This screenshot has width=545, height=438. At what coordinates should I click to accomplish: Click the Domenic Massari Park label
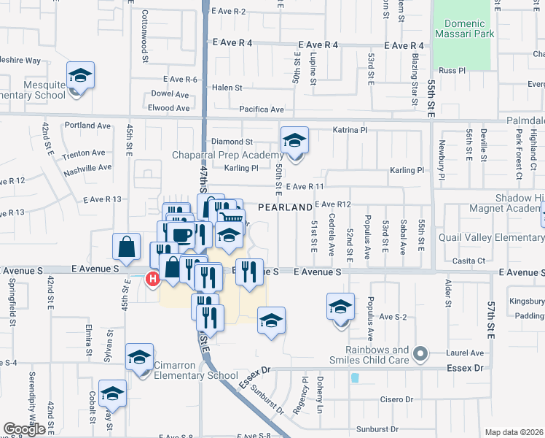click(x=466, y=27)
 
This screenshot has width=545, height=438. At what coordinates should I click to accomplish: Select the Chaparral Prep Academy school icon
click(x=294, y=140)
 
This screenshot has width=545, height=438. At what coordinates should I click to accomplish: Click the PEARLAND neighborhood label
click(x=285, y=208)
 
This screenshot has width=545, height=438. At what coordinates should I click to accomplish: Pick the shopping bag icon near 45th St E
click(x=127, y=247)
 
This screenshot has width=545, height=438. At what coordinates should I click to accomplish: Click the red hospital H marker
click(x=153, y=278)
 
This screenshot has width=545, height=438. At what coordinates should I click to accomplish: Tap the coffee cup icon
click(x=182, y=234)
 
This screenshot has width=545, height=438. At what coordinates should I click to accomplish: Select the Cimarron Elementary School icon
click(x=138, y=357)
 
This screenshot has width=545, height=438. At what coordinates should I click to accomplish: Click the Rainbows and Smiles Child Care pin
click(x=420, y=354)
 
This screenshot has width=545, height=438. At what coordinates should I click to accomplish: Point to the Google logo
click(x=24, y=429)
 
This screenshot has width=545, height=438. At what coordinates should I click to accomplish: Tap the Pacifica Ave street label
click(x=262, y=109)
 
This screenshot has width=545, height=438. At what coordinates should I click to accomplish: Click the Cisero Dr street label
click(x=396, y=400)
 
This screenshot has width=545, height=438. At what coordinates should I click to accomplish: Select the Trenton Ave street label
click(x=84, y=153)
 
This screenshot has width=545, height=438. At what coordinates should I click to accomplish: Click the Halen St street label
click(x=227, y=88)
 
